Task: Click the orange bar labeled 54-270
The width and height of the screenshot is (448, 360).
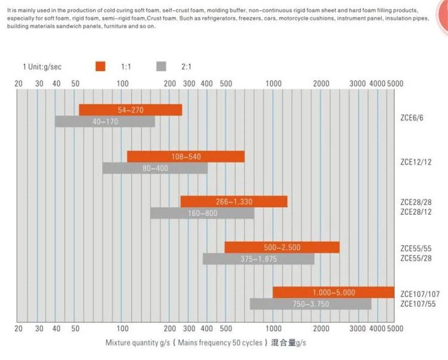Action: [x=131, y=110]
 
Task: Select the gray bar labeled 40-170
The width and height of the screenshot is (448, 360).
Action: [x=105, y=122]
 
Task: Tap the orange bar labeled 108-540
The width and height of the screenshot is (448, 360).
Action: [x=186, y=156]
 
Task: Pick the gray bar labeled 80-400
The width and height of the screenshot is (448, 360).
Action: [x=155, y=168]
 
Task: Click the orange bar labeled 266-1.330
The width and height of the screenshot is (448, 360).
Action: [x=234, y=202]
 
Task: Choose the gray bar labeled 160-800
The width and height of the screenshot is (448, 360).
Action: [x=202, y=213]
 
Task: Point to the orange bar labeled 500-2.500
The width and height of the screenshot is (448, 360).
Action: [x=282, y=247]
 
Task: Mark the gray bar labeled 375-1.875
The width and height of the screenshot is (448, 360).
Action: [x=259, y=259]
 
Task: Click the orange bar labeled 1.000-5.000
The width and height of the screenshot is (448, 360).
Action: [x=334, y=293]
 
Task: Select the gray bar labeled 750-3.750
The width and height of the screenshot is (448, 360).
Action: [x=311, y=304]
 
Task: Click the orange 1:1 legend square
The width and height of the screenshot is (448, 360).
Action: [x=100, y=66]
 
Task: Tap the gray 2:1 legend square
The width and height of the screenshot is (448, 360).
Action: [x=161, y=66]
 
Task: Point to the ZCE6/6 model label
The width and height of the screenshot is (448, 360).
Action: [x=412, y=118]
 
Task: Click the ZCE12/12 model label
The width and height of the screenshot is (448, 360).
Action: [x=416, y=162]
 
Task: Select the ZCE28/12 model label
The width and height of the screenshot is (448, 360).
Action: [x=416, y=212]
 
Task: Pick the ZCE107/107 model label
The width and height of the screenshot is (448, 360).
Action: [x=420, y=294]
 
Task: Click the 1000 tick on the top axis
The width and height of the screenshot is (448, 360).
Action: [x=274, y=84]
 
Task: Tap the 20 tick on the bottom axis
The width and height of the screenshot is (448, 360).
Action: [x=19, y=328]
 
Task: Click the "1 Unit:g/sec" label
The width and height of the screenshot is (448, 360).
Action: [x=42, y=67]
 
